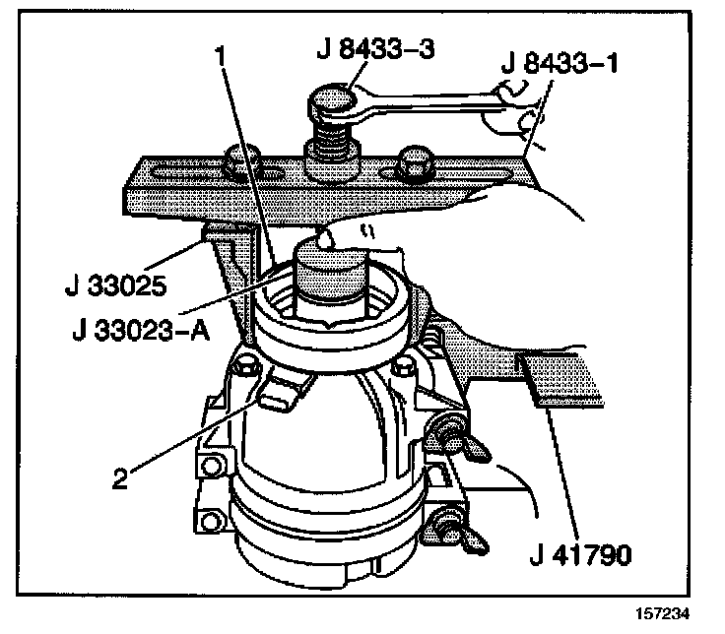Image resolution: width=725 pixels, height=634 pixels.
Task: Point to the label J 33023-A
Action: (141, 331)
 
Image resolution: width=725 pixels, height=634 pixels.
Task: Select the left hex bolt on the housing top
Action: (243, 373)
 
